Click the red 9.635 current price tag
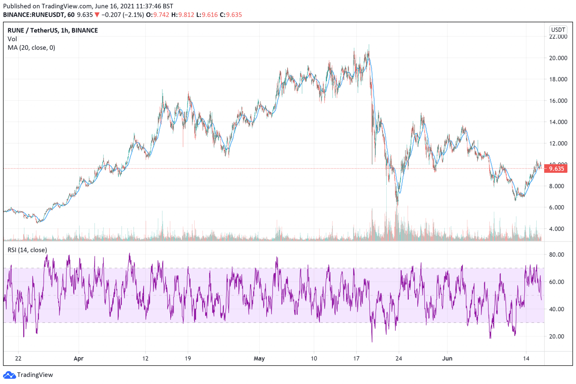click(x=556, y=169)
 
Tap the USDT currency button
click(x=558, y=30)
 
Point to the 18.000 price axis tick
click(x=558, y=79)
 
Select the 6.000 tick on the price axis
click(x=558, y=207)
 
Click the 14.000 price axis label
click(x=558, y=122)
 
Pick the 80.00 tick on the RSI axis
click(x=556, y=255)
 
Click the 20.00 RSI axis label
click(x=556, y=336)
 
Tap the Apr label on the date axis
click(x=78, y=358)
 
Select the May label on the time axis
click(x=259, y=358)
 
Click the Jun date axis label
click(x=447, y=358)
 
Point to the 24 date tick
click(x=399, y=358)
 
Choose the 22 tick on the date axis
click(x=18, y=358)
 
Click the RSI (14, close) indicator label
click(x=27, y=250)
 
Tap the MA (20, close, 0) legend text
click(x=31, y=48)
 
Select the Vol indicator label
click(x=12, y=39)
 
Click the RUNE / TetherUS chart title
click(x=52, y=30)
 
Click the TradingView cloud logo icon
click(x=9, y=375)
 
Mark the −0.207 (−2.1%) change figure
click(x=122, y=15)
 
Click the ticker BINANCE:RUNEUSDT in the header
click(x=33, y=15)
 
